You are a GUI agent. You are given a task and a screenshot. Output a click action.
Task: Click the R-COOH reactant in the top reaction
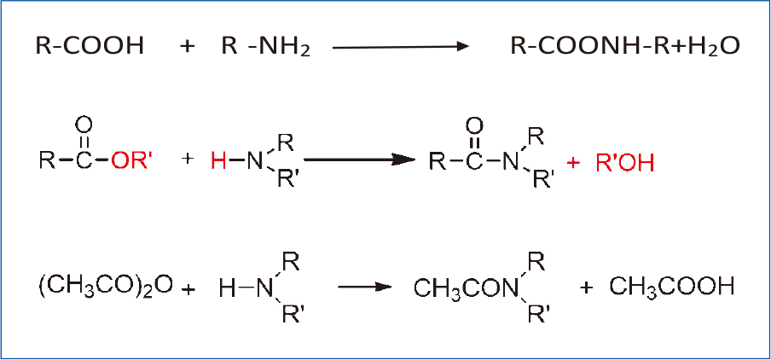(90, 46)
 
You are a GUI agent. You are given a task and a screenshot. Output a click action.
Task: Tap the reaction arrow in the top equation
(401, 47)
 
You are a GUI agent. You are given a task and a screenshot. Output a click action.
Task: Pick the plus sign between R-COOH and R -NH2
(188, 46)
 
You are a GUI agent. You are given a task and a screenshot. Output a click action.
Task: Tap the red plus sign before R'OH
(574, 160)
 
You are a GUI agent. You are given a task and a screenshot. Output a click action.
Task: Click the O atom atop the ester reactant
(83, 125)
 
